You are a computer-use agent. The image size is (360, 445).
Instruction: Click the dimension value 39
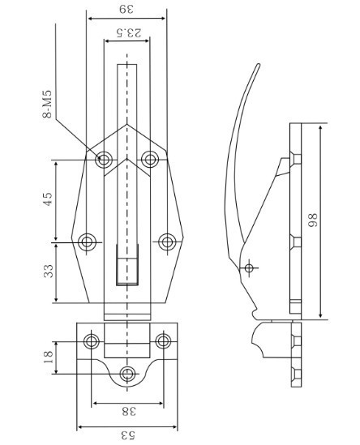coord(126,10)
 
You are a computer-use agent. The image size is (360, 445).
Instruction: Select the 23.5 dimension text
coord(129,32)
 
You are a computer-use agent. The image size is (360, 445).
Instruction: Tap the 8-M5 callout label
coord(47,104)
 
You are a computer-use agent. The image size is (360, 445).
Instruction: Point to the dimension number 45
coord(48,199)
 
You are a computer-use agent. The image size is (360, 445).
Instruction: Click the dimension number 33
coord(49,271)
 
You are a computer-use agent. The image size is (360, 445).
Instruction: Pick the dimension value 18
coord(48,357)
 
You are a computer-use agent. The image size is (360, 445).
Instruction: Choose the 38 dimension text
coord(129,411)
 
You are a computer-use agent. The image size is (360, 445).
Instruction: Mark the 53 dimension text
coord(128,435)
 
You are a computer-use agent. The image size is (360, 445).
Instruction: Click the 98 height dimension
coord(312,220)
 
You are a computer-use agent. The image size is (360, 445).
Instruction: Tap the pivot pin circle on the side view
coord(249,267)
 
